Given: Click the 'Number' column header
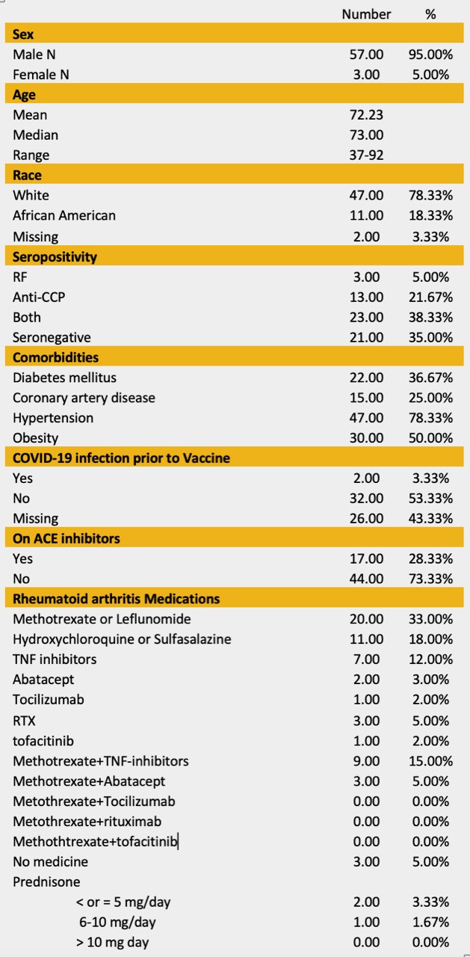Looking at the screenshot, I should click(366, 14).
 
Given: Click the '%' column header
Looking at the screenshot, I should click(430, 14).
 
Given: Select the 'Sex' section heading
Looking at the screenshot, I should click(23, 34).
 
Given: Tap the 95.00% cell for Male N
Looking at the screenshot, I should click(430, 55).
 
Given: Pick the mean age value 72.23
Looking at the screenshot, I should click(366, 114).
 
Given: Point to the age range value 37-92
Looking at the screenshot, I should click(366, 156).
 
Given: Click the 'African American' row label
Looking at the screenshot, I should click(64, 215).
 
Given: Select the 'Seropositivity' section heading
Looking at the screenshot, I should click(55, 256).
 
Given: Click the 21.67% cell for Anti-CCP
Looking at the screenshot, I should click(430, 297).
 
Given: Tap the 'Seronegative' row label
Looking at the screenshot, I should click(52, 337).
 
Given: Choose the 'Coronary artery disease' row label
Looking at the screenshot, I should click(84, 398).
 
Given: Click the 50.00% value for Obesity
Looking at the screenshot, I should click(430, 438).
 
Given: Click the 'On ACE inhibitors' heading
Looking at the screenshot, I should click(67, 538).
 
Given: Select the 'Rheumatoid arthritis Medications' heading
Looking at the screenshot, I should click(117, 599).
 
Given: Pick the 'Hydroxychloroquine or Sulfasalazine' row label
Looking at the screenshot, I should click(122, 639).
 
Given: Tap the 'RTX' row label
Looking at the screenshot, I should click(24, 721).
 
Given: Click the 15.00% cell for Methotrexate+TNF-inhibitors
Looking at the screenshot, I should click(430, 761).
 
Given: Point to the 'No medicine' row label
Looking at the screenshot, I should click(50, 862).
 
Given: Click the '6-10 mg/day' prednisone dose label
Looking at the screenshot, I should click(118, 923).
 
